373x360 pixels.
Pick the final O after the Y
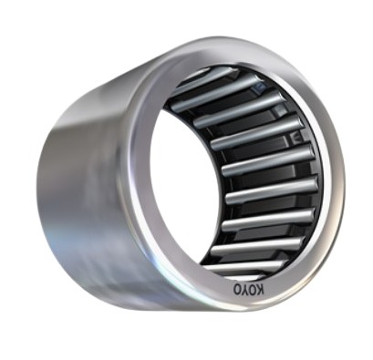tap(237, 289)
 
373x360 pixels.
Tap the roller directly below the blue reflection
tap(240, 108)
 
